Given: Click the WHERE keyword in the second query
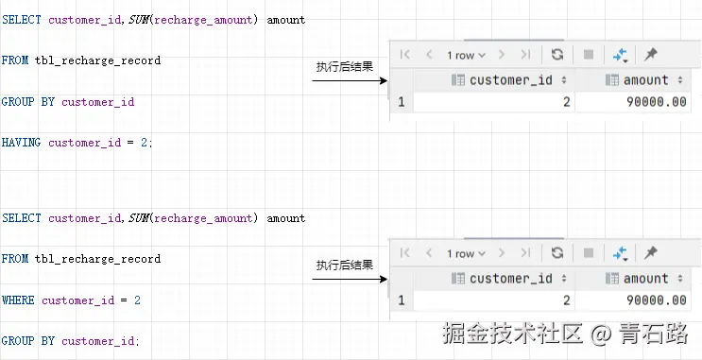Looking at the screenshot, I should [18, 300].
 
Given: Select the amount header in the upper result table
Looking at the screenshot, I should [646, 80].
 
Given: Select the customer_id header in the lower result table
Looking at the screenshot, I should [510, 279].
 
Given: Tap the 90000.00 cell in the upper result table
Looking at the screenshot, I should [657, 102].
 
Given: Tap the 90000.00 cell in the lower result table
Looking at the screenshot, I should [657, 300].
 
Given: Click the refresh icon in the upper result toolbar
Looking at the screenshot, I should [557, 55].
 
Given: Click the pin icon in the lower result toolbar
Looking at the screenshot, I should [651, 253].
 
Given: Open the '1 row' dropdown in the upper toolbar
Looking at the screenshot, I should [467, 55].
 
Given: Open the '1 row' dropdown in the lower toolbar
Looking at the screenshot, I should [467, 253].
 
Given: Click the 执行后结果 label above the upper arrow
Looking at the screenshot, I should [344, 67].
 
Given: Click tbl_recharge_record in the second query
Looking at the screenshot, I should [97, 259].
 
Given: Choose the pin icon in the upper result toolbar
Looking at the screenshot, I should [651, 55].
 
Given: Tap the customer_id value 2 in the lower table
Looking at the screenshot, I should [566, 300].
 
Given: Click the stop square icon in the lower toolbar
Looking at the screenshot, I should [589, 253].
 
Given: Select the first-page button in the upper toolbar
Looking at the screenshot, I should [405, 55].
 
